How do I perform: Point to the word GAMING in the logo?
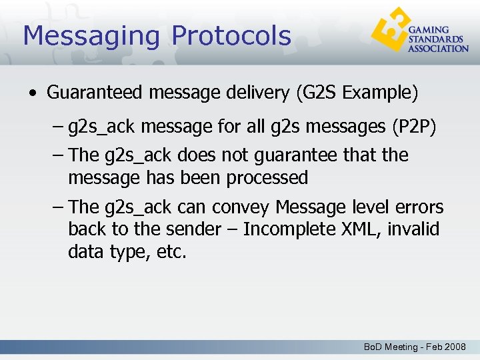(x=429, y=31)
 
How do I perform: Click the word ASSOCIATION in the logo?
(x=439, y=49)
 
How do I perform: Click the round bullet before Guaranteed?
(x=33, y=93)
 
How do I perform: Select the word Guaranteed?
(x=95, y=93)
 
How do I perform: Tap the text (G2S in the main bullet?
(x=315, y=93)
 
